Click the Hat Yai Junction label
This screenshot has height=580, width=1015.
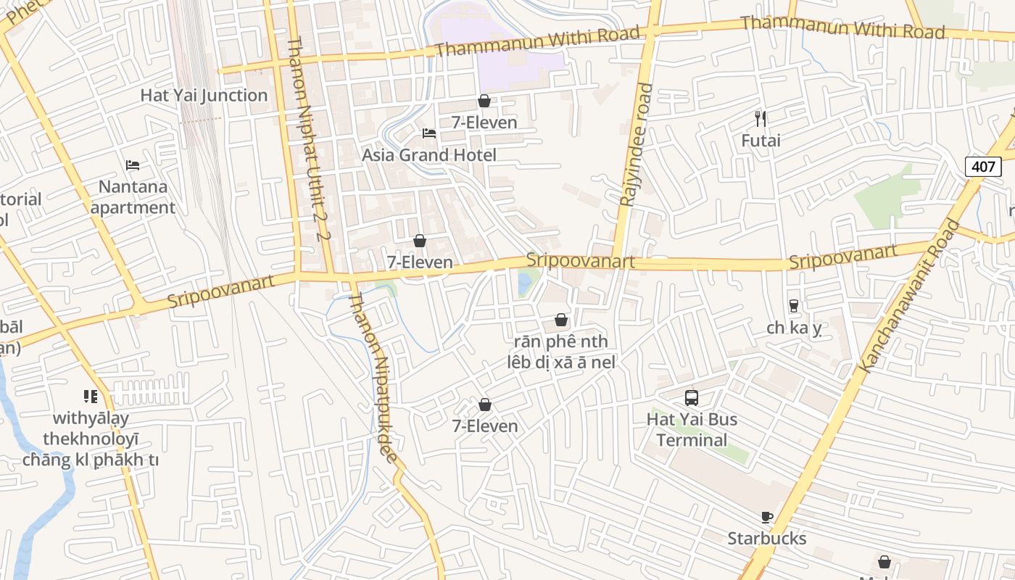[204, 96]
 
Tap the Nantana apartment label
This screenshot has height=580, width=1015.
[133, 197]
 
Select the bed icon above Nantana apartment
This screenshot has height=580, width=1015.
[133, 165]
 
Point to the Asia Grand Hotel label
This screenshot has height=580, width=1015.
[429, 155]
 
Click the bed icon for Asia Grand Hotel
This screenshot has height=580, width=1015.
[429, 133]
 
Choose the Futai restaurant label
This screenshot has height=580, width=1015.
[761, 141]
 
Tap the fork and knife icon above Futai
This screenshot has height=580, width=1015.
[761, 119]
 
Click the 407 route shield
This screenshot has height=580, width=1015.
[983, 166]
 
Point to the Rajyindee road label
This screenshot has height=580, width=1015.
[626, 145]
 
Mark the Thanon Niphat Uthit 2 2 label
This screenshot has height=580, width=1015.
[309, 138]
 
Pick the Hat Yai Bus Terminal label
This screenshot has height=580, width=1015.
[692, 430]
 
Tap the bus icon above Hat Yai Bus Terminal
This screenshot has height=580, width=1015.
[692, 398]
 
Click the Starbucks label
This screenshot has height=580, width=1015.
[767, 539]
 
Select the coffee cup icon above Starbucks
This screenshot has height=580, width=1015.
[767, 517]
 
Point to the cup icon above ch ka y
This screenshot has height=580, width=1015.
[794, 306]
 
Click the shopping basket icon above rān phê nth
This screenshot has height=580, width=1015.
[560, 320]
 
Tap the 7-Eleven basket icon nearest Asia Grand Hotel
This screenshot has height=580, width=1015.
[484, 101]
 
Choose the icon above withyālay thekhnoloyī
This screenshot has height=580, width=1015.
[91, 397]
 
